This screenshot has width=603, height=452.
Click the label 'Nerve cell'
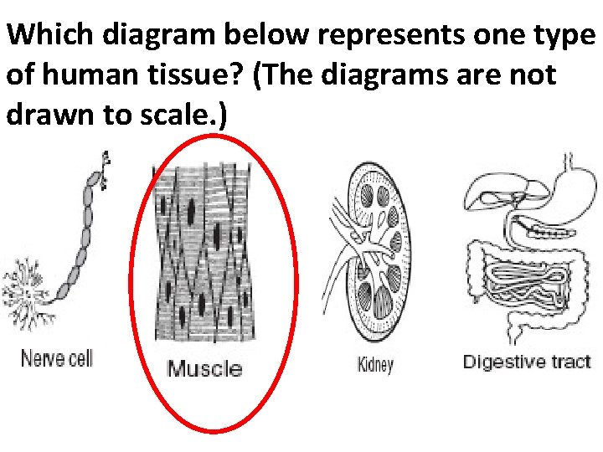pyautogui.click(x=56, y=358)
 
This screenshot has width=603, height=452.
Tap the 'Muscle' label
pyautogui.click(x=205, y=368)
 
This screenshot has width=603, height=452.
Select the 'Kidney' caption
pyautogui.click(x=374, y=365)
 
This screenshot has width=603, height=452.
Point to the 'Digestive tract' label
pyautogui.click(x=527, y=362)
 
